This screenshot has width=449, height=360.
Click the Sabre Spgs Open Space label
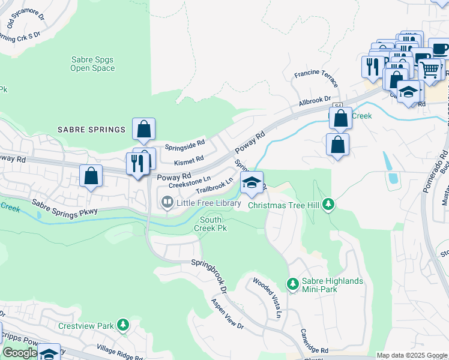92,64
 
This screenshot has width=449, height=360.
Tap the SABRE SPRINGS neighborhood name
91,130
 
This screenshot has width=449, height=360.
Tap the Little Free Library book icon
167,203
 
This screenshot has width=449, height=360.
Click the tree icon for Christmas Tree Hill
328,205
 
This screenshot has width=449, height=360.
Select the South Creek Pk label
213,224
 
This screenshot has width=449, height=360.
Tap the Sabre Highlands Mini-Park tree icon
292,283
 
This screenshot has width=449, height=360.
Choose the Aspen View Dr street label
228,314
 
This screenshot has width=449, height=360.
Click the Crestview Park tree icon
123,325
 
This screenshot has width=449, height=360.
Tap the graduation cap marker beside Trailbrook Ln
252,182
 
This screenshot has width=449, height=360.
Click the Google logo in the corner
20,353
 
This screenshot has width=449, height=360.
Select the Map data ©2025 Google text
411,355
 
